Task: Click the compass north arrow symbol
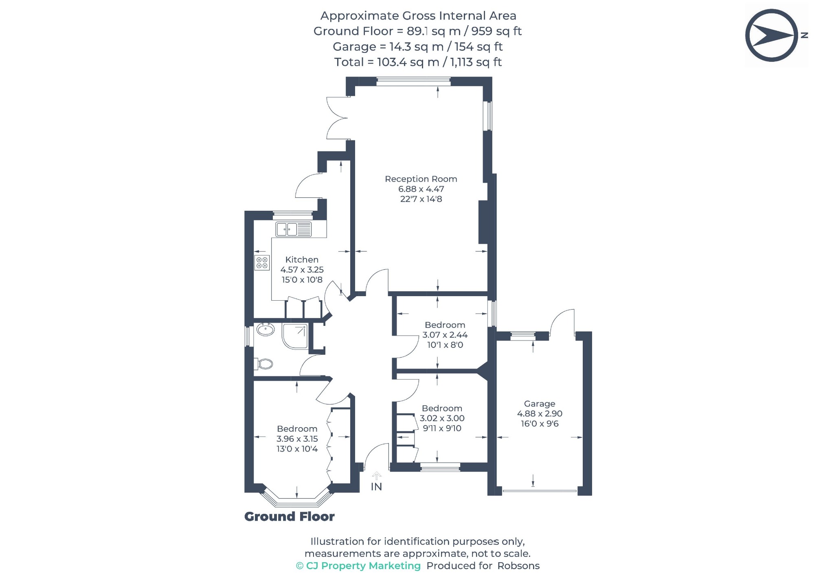[772, 35]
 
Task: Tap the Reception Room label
[421, 179]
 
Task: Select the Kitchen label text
[302, 260]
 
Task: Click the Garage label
[540, 404]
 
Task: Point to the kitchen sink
[293, 229]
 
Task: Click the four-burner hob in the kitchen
[262, 262]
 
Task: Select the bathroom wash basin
[266, 330]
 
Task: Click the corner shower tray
[295, 336]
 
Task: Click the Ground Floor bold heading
[290, 517]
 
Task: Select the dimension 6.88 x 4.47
[421, 189]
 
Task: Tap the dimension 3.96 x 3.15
[297, 439]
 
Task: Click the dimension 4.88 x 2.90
[540, 414]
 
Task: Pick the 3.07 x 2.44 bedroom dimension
[445, 335]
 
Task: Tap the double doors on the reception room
[337, 118]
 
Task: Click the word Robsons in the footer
[518, 566]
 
